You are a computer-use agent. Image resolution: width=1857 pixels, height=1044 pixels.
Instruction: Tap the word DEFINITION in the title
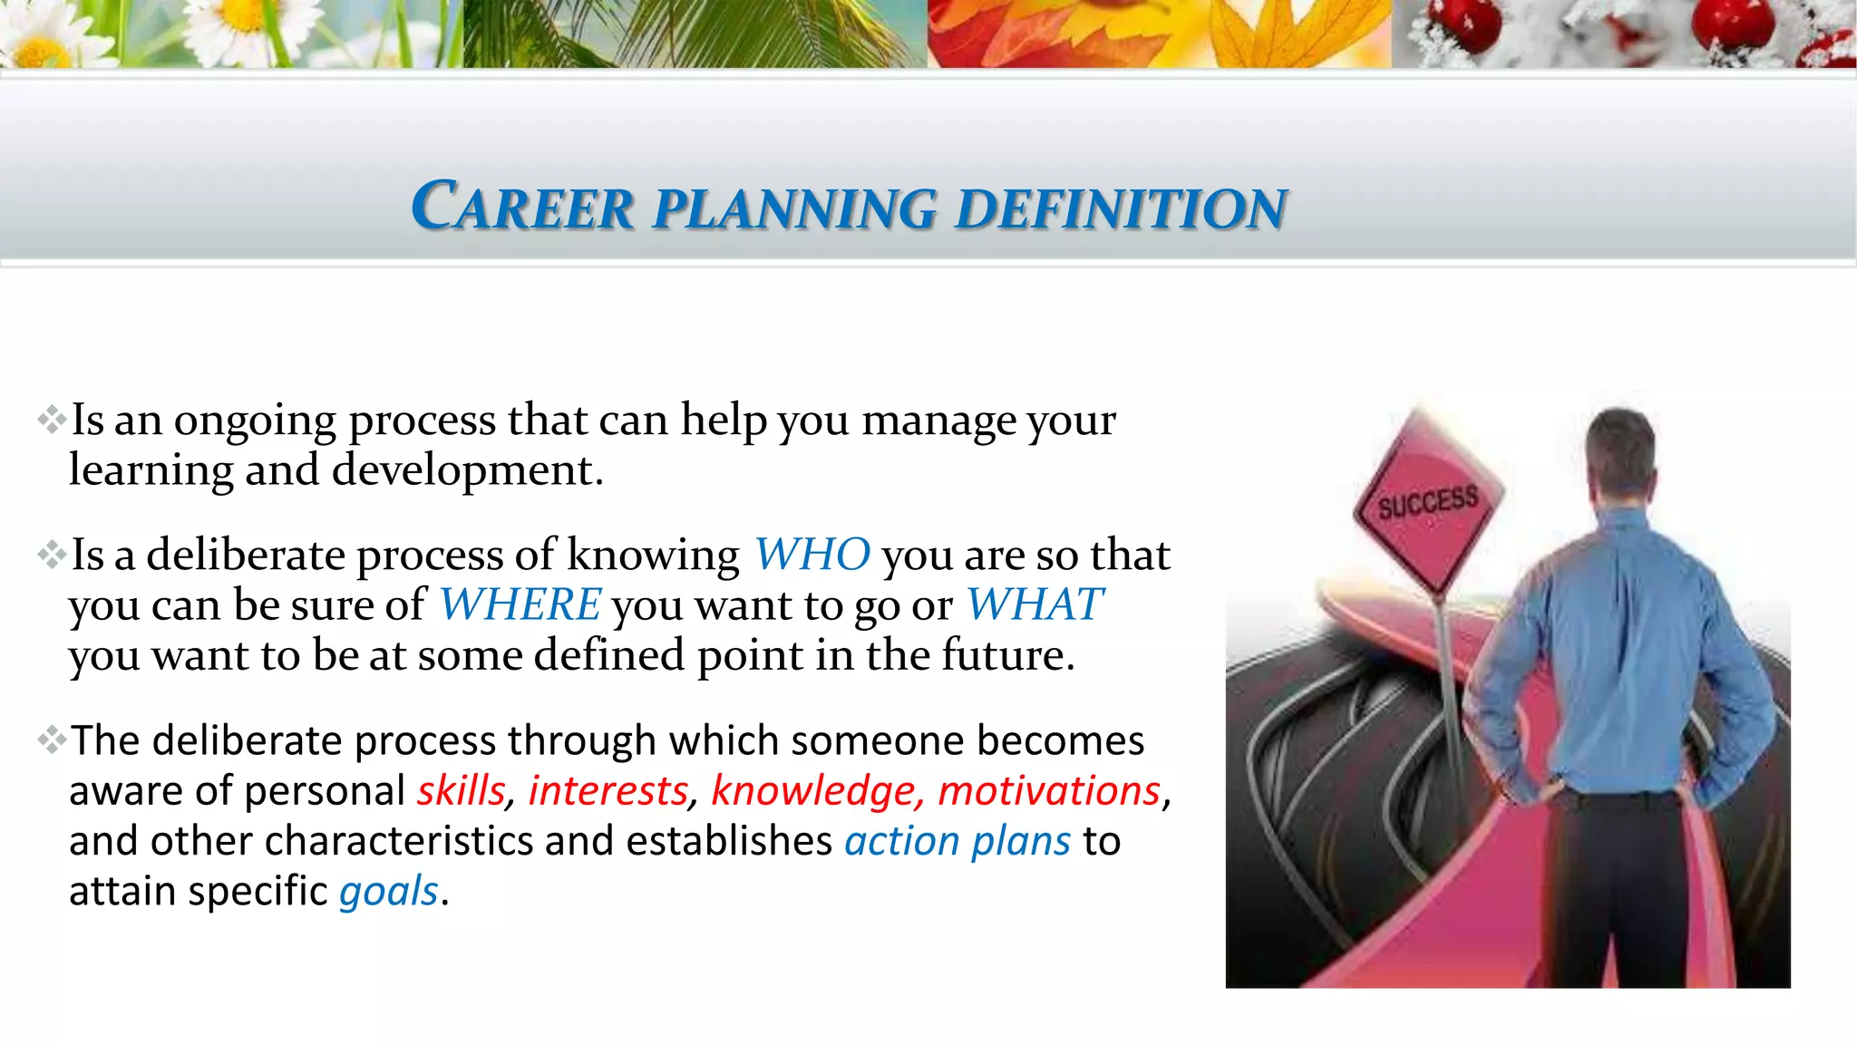[x=1121, y=208]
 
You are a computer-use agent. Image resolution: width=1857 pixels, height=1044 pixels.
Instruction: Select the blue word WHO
[x=812, y=554]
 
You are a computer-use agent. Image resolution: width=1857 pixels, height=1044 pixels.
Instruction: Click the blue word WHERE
[x=520, y=604]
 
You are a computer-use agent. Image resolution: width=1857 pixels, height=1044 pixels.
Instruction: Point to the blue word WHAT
[x=1034, y=604]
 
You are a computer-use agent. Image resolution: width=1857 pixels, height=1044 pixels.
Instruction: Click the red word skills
[x=461, y=790]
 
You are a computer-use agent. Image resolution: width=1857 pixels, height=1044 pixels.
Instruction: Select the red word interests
[x=608, y=790]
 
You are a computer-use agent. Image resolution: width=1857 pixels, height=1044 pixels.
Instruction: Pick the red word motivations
[x=1049, y=790]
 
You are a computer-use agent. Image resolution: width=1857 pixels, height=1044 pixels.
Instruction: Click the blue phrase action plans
[x=958, y=841]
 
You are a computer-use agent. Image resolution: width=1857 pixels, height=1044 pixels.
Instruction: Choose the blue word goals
[x=389, y=891]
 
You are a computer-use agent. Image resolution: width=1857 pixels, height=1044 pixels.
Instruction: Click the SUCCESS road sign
[x=1428, y=503]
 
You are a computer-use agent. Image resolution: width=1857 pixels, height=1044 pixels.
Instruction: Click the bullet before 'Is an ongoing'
[x=52, y=420]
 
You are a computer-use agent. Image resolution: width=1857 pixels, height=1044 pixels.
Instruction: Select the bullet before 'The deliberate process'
[x=52, y=741]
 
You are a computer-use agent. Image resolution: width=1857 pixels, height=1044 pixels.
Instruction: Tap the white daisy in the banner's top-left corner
[x=41, y=36]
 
